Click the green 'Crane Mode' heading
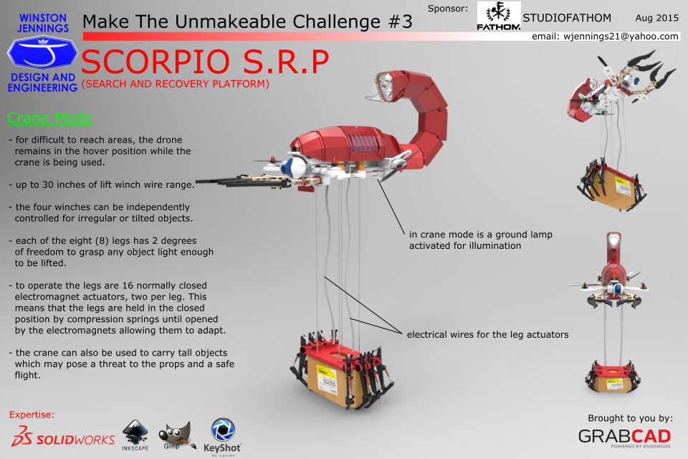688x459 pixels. coord(49,118)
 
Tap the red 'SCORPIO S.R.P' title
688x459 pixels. coord(205,62)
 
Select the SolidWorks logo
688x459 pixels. coord(63,436)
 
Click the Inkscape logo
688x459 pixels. coord(135,435)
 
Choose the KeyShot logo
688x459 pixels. coord(222,437)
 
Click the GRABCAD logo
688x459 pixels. coord(624,437)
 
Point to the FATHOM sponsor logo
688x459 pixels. coord(499,16)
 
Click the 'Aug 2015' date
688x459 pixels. coord(657,18)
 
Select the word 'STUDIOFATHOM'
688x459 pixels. coord(567,18)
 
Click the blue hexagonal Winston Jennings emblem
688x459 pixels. coord(42,52)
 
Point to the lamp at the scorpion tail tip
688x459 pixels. coord(383,85)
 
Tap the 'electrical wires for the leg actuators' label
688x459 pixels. coord(487,335)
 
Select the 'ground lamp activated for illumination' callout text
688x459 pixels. coord(480,240)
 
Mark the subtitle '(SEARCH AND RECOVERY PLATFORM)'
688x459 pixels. coord(175,84)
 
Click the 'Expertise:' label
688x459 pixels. coord(32,415)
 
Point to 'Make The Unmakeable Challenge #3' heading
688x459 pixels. coord(247,22)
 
